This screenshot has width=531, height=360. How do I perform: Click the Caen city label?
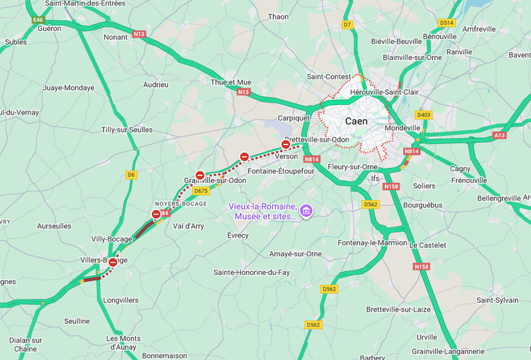[x=356, y=121]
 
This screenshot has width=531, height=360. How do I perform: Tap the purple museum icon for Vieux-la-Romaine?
[x=306, y=211]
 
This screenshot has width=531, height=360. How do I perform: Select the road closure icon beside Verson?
[x=286, y=144]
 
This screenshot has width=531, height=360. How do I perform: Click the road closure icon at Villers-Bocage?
[x=113, y=262]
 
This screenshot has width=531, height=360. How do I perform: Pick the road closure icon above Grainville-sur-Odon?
[x=200, y=175]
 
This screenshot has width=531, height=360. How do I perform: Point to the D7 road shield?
[x=348, y=24]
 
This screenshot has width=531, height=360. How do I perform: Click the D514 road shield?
[x=446, y=23]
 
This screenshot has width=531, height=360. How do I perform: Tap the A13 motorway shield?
[x=499, y=135]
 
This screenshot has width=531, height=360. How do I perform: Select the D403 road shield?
[x=423, y=115]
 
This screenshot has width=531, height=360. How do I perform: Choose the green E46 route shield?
[x=38, y=20]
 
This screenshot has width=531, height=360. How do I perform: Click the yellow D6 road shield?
[x=131, y=175]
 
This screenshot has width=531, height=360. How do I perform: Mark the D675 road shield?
[x=201, y=191]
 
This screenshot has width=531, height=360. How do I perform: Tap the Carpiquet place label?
[x=293, y=118]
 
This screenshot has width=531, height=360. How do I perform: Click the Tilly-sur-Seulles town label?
[x=127, y=129]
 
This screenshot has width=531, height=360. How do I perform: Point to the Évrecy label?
[x=238, y=235]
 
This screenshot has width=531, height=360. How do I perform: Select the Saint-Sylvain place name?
[x=498, y=300]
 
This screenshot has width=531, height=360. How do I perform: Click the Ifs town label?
[x=375, y=178]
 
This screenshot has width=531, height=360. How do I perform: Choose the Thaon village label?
[x=278, y=17]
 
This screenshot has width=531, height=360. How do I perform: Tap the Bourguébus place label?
[x=422, y=205]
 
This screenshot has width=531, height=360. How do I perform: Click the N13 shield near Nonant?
[x=139, y=33]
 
